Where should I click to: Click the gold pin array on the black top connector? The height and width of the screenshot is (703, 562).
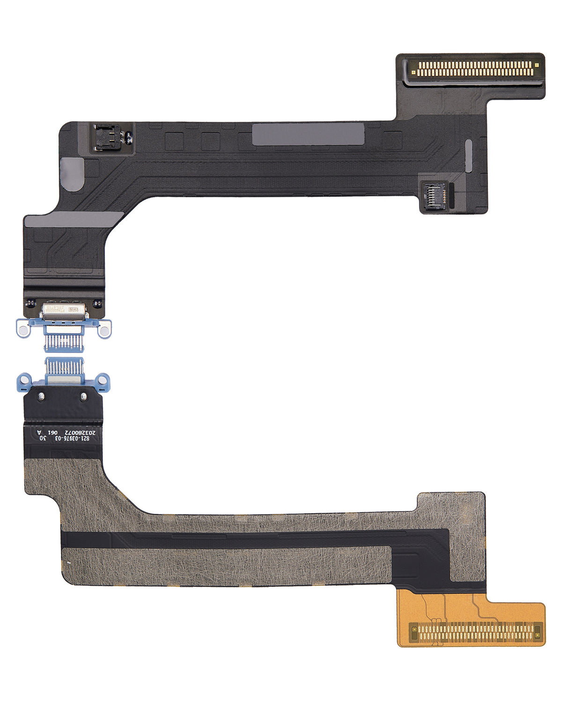pyautogui.click(x=474, y=69)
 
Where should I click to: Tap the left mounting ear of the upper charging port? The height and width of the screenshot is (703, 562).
pyautogui.click(x=23, y=327)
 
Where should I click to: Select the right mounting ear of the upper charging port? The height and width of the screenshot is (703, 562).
pyautogui.click(x=104, y=329)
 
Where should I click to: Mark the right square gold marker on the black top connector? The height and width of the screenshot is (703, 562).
pyautogui.click(x=537, y=65)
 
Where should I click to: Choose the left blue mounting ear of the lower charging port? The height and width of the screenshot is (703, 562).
pyautogui.click(x=23, y=379)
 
